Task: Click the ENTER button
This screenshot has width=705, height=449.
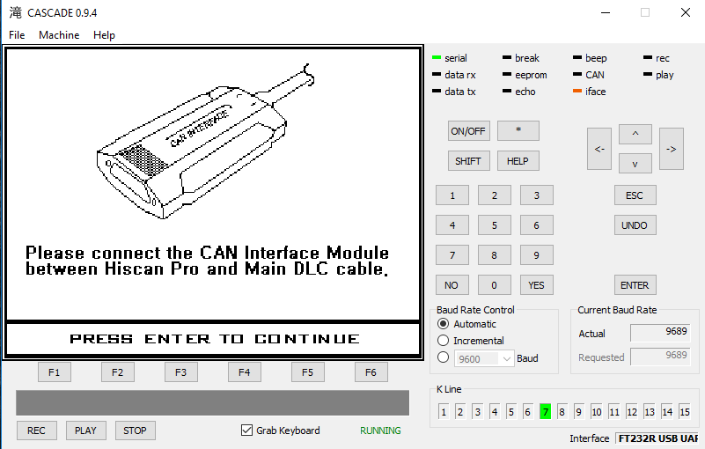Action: tap(635, 285)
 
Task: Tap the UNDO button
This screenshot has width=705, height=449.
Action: tap(635, 225)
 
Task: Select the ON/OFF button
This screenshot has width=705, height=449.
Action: tap(468, 131)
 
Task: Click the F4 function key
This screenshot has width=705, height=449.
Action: tap(244, 372)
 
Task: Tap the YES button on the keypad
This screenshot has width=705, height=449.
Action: tap(536, 285)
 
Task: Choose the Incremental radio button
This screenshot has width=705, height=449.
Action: tap(443, 340)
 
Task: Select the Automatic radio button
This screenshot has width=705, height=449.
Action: tap(443, 323)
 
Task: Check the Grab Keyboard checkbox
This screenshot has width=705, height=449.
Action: tap(246, 431)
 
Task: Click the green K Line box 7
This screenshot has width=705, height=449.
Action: tap(545, 411)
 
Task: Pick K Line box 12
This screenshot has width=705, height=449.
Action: tap(631, 411)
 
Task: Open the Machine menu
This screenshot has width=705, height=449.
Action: tap(59, 35)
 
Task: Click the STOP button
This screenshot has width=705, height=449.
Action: tap(136, 431)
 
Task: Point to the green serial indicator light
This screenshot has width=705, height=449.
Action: tap(437, 57)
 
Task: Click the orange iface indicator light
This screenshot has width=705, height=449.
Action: tap(577, 91)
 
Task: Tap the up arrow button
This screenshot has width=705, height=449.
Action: tap(635, 134)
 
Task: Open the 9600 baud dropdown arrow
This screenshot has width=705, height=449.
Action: tap(507, 358)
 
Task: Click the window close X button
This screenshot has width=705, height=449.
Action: tap(686, 12)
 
